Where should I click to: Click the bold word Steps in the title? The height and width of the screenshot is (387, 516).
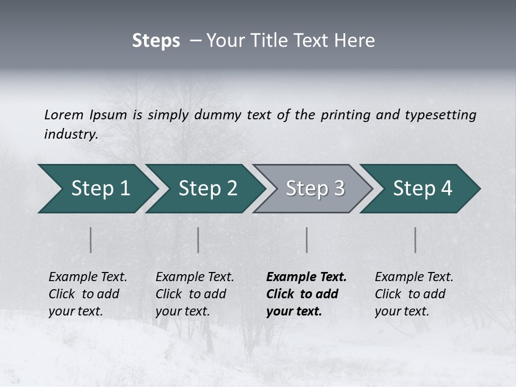pos(156,41)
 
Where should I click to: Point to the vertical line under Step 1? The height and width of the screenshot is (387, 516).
pos(91,240)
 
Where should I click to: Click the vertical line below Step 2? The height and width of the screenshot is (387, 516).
pos(198,240)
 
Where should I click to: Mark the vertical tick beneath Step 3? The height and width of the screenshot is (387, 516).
pos(307,240)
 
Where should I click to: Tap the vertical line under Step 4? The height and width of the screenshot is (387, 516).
pos(415,240)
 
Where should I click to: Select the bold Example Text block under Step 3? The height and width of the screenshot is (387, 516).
pos(306,294)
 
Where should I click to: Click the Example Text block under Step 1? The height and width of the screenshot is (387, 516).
pos(88,294)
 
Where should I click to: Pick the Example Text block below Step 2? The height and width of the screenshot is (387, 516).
pos(195,294)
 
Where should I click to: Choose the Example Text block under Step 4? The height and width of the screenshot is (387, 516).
pos(414,294)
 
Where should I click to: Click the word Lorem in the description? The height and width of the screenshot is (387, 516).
pos(64,115)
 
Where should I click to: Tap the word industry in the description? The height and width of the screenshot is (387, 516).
pos(70,134)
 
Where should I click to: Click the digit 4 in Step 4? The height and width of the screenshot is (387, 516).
pos(446,189)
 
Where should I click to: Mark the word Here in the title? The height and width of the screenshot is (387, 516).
pos(357,41)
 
